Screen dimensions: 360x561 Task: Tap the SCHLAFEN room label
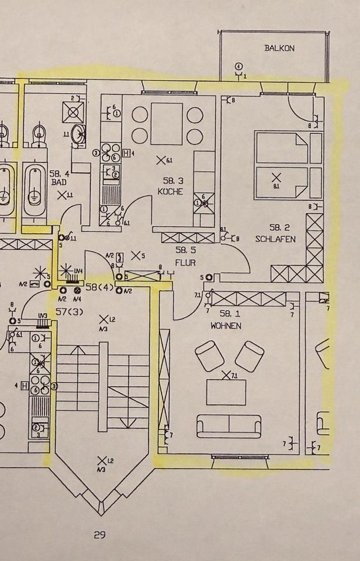[x=275, y=239]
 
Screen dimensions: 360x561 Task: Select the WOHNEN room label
[x=226, y=325]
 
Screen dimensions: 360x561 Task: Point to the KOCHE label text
[x=170, y=192]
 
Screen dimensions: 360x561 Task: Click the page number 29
[x=99, y=534]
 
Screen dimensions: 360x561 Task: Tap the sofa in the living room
[x=229, y=426]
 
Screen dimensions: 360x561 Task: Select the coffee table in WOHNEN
[x=226, y=392]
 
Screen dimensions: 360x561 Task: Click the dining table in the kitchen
[x=167, y=123]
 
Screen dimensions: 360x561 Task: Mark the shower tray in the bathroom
[x=74, y=112]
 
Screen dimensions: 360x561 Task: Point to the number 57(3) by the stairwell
[x=70, y=311]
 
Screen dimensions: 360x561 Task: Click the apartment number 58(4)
[x=99, y=288]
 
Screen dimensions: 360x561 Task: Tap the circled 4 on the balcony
[x=238, y=66]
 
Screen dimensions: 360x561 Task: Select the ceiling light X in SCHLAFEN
[x=276, y=176]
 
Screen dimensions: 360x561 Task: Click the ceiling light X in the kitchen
[x=160, y=159]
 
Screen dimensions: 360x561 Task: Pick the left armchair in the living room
[x=209, y=356]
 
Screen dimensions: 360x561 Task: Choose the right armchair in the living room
[x=249, y=356]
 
